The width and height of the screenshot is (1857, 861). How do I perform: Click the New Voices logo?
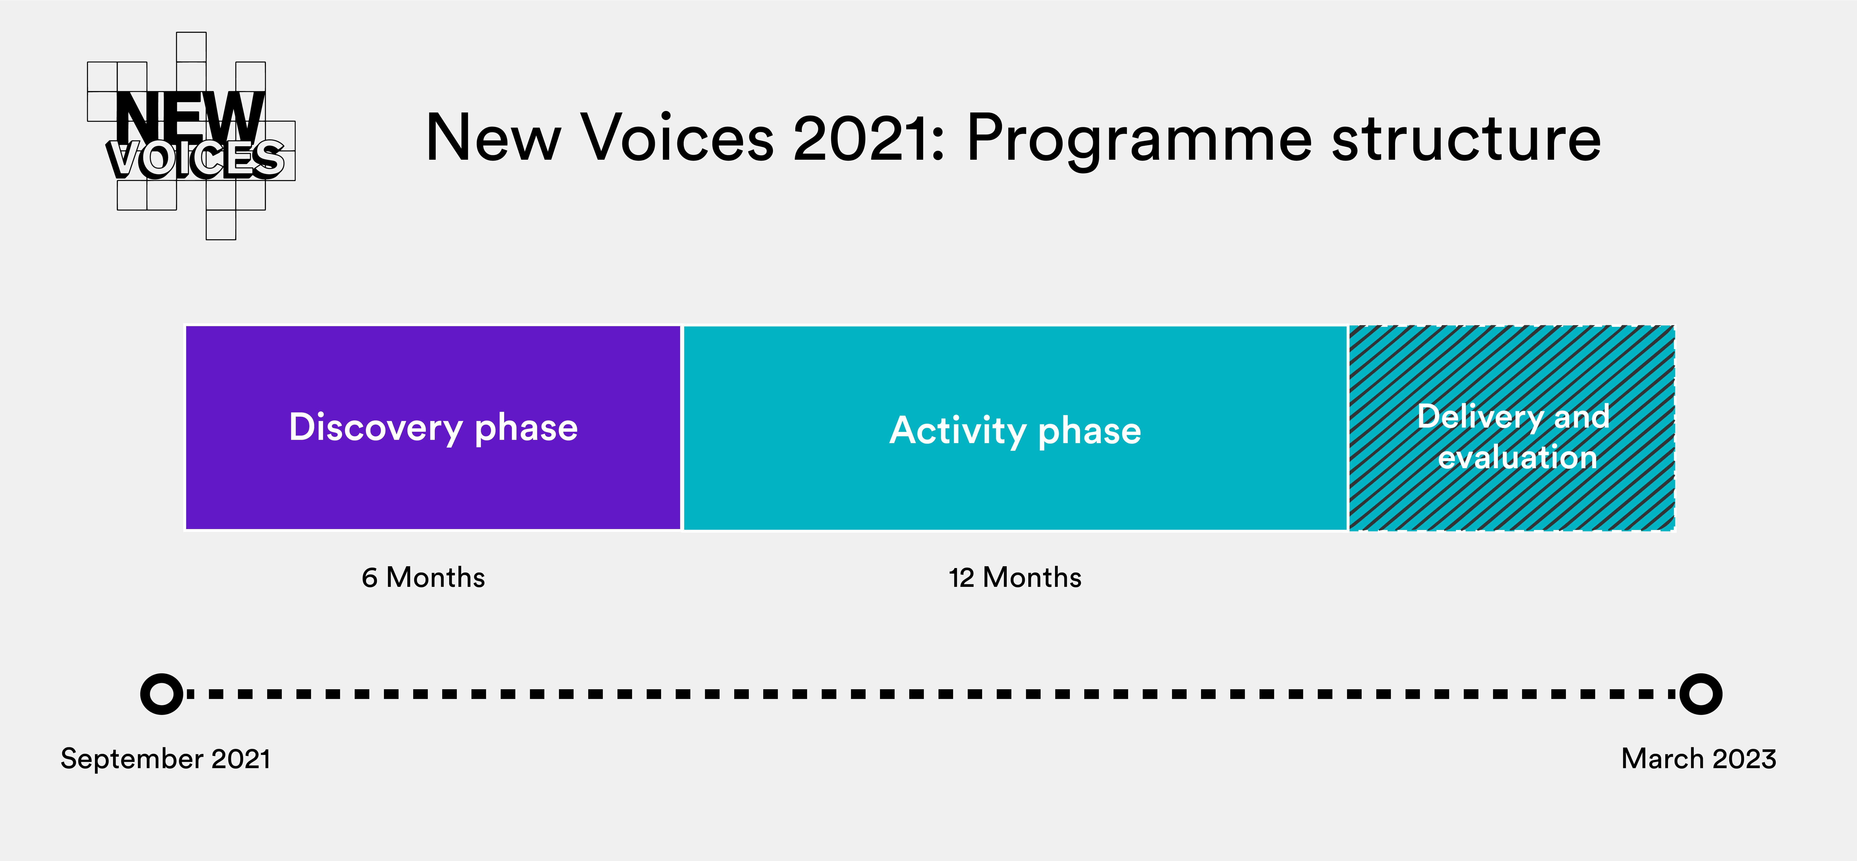(x=191, y=136)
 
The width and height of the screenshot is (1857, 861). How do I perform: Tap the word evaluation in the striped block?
(x=1517, y=457)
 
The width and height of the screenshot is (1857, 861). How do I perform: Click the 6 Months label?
(x=423, y=578)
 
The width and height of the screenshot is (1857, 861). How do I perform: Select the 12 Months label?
(x=1015, y=578)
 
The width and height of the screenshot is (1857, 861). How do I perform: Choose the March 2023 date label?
(x=1698, y=759)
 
